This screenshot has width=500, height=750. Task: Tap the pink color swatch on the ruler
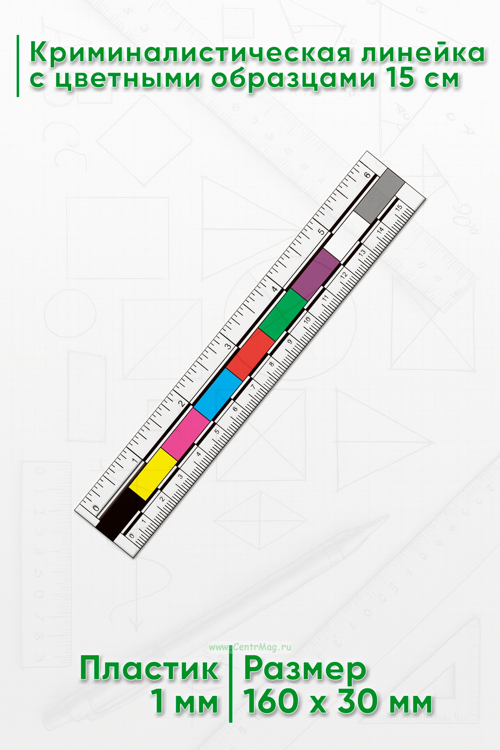186,435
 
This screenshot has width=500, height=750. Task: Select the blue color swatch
218,395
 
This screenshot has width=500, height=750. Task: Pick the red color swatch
250,355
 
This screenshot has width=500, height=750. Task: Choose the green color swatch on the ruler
283,315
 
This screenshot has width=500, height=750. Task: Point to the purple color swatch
315,275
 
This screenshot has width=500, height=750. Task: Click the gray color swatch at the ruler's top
380,195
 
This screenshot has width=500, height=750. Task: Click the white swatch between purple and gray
348,235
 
